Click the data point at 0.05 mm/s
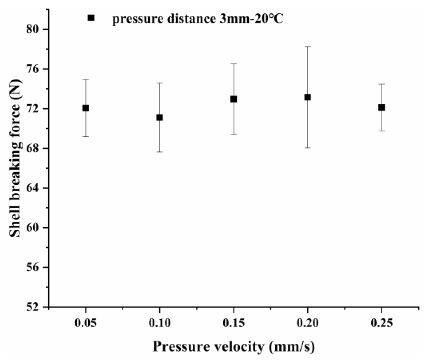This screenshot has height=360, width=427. (85, 108)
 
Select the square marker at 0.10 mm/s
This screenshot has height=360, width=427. (159, 117)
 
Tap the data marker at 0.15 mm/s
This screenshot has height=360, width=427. (233, 99)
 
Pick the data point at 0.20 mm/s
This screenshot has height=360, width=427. (307, 97)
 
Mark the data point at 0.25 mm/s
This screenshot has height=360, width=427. (381, 107)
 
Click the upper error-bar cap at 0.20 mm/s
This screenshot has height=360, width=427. (307, 46)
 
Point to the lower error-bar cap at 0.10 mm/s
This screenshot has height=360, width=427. (159, 152)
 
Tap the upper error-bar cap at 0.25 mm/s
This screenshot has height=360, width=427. (381, 84)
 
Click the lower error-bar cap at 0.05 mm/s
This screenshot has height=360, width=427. (85, 136)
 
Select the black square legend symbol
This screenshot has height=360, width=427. (91, 18)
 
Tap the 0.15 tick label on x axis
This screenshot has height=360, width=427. (233, 323)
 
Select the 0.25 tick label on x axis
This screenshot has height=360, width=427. (381, 323)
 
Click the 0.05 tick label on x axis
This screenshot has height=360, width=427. (85, 323)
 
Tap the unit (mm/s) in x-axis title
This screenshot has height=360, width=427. (292, 347)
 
